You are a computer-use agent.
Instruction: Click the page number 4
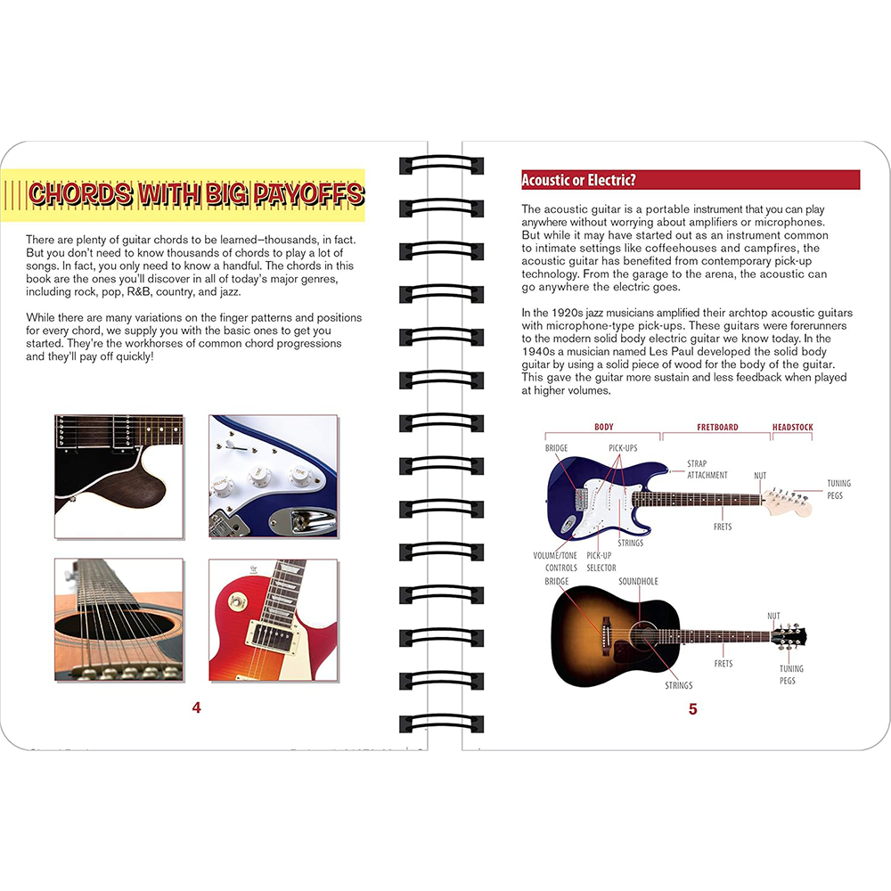point(197,708)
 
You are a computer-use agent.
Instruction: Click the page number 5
point(692,709)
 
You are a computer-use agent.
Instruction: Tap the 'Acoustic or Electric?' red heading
point(578,181)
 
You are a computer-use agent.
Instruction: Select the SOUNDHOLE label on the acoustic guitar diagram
point(638,582)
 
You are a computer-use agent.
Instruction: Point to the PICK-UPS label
point(623,448)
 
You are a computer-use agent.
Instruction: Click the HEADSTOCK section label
point(792,428)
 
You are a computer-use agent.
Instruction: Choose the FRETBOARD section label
point(717,428)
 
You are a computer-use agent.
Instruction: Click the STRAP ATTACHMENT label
point(707,470)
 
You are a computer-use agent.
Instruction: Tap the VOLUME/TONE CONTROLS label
point(555,561)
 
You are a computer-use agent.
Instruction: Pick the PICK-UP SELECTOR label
point(601,561)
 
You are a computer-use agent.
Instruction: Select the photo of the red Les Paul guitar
point(273,620)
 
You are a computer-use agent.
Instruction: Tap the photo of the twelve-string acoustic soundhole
point(119,620)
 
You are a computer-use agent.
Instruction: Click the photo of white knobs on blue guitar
point(273,476)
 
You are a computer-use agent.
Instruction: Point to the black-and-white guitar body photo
point(119,476)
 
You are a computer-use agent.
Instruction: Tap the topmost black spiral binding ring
point(440,166)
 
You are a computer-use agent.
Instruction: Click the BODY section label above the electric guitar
point(603,428)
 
